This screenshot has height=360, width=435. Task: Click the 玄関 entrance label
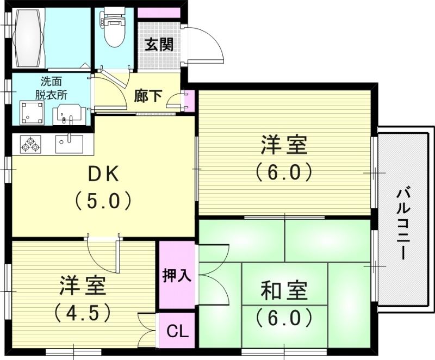point(159,45)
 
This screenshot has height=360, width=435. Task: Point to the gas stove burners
point(30,144)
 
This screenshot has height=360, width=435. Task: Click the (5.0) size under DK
point(103,201)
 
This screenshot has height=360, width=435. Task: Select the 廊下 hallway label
point(148,96)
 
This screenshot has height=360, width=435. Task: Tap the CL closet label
point(177,331)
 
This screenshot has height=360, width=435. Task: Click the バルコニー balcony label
point(403,223)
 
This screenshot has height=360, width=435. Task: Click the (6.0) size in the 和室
point(284,316)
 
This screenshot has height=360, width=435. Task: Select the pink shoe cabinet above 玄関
point(159,13)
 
